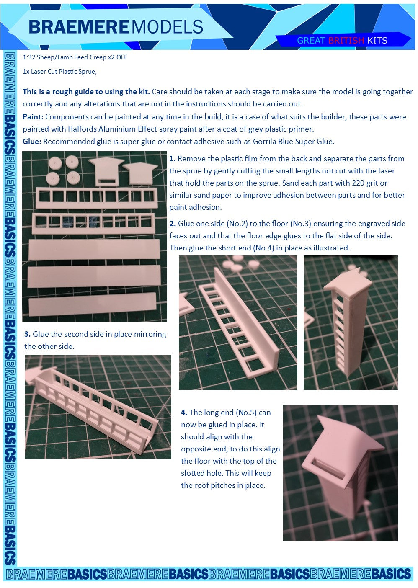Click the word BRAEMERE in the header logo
pos(79,27)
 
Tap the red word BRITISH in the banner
pos(346,41)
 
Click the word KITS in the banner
pos(377,41)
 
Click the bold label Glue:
pos(32,142)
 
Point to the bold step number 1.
pos(172,159)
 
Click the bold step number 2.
pos(173,224)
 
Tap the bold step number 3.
pos(27,334)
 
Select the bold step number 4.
pos(184,413)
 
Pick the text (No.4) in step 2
pos(263,248)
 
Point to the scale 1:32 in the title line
pos(29,57)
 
